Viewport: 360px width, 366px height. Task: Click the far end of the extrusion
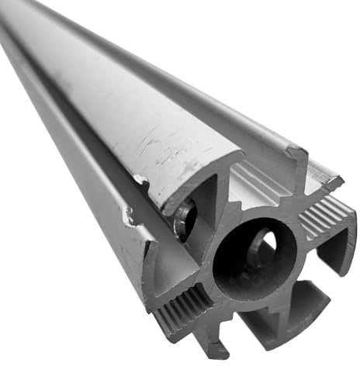click(x=16, y=16)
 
